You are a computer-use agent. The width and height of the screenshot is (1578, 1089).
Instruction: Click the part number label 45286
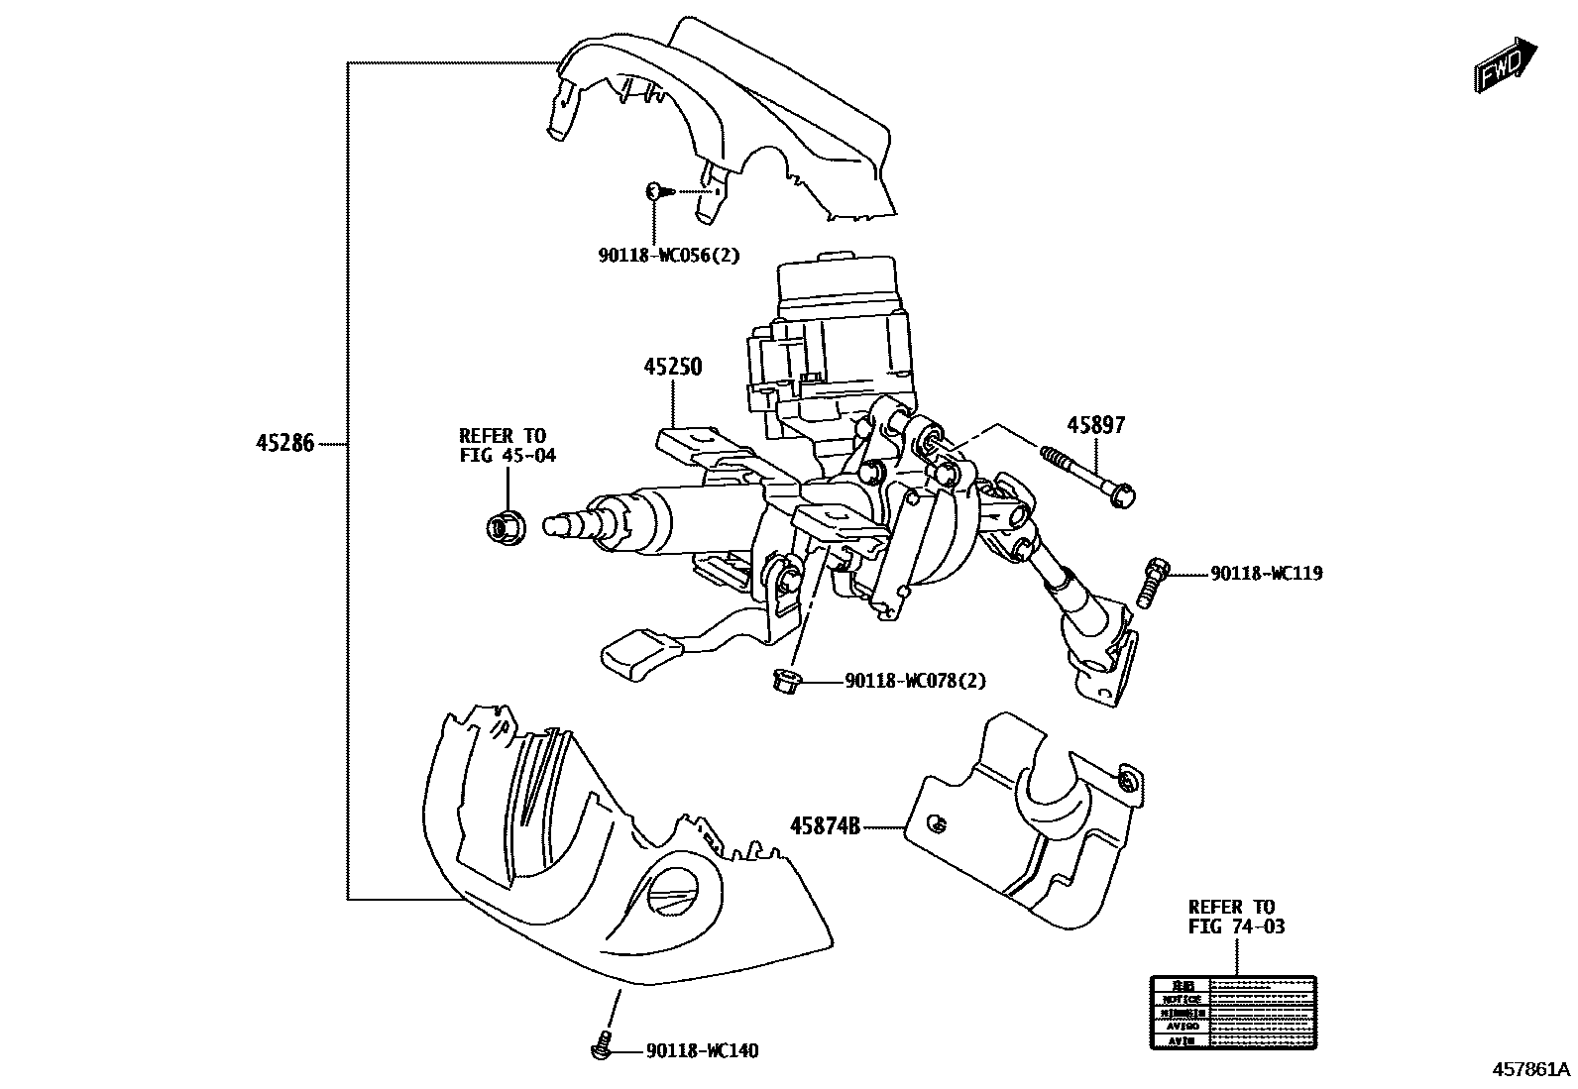pos(285,444)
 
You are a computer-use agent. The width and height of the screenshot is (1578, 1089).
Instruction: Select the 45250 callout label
pos(672,367)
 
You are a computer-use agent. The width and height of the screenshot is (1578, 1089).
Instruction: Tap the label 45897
pos(1096,425)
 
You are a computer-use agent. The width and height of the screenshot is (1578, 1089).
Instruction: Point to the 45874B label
pos(825,824)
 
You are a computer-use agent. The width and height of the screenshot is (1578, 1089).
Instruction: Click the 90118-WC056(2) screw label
pos(669,255)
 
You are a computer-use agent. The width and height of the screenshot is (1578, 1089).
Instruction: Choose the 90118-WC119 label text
pos(1266,574)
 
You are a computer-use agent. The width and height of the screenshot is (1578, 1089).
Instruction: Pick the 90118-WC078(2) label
pos(915,681)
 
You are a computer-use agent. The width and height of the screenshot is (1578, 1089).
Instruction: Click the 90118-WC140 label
pos(702,1050)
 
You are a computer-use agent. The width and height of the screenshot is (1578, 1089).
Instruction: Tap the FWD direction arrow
pos(1504,65)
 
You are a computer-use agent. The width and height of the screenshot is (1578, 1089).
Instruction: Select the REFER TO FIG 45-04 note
pos(507,446)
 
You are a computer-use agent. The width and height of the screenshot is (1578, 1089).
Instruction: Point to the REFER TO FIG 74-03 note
pos(1236,917)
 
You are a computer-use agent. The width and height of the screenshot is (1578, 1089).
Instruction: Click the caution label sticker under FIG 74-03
pos(1233,1013)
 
